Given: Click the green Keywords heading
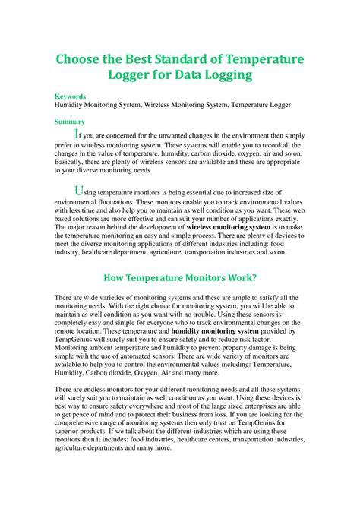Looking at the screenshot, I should point(70,97).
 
